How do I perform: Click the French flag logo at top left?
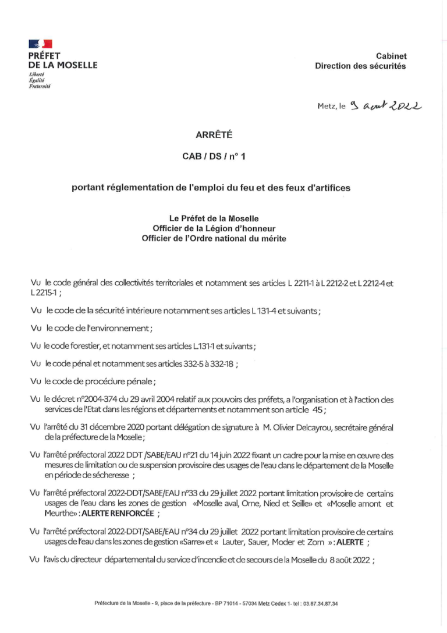point(40,44)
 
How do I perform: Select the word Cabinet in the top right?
point(391,56)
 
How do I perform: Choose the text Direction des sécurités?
point(360,66)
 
